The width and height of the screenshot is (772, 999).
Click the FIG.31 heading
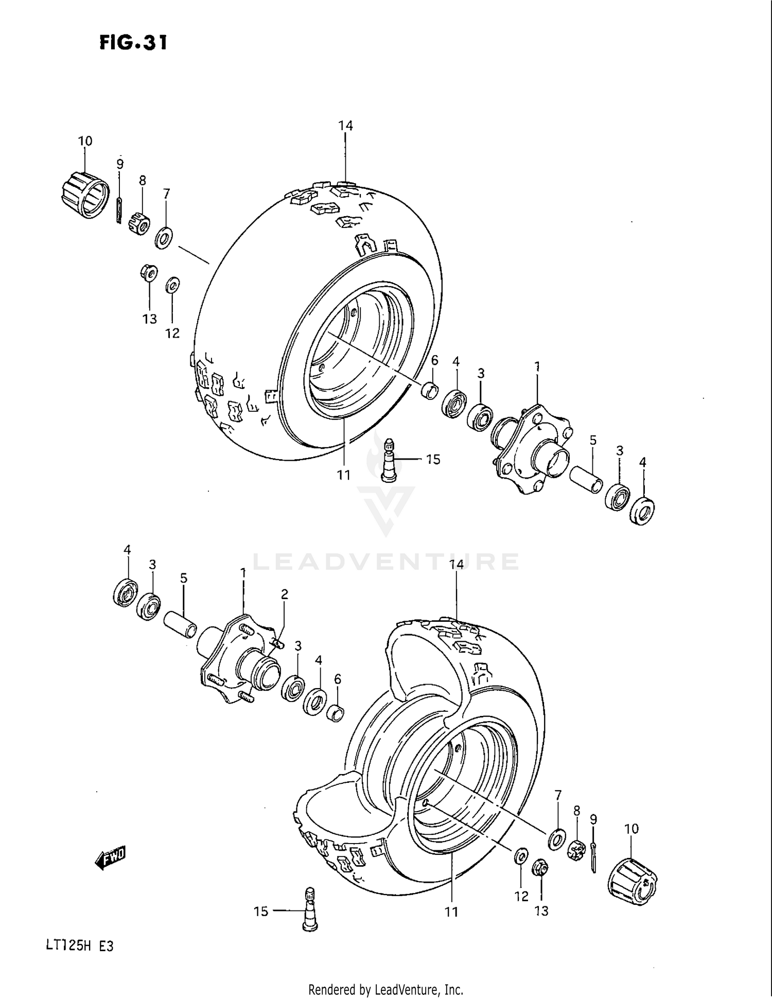pos(133,42)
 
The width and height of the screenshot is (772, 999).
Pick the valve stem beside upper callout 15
pos(390,460)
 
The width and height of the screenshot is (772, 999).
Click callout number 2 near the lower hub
pos(284,594)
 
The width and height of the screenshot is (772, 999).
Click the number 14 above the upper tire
pos(345,126)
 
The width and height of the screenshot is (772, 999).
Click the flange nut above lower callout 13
pos(540,867)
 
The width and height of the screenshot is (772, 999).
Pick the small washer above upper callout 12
pos(172,285)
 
